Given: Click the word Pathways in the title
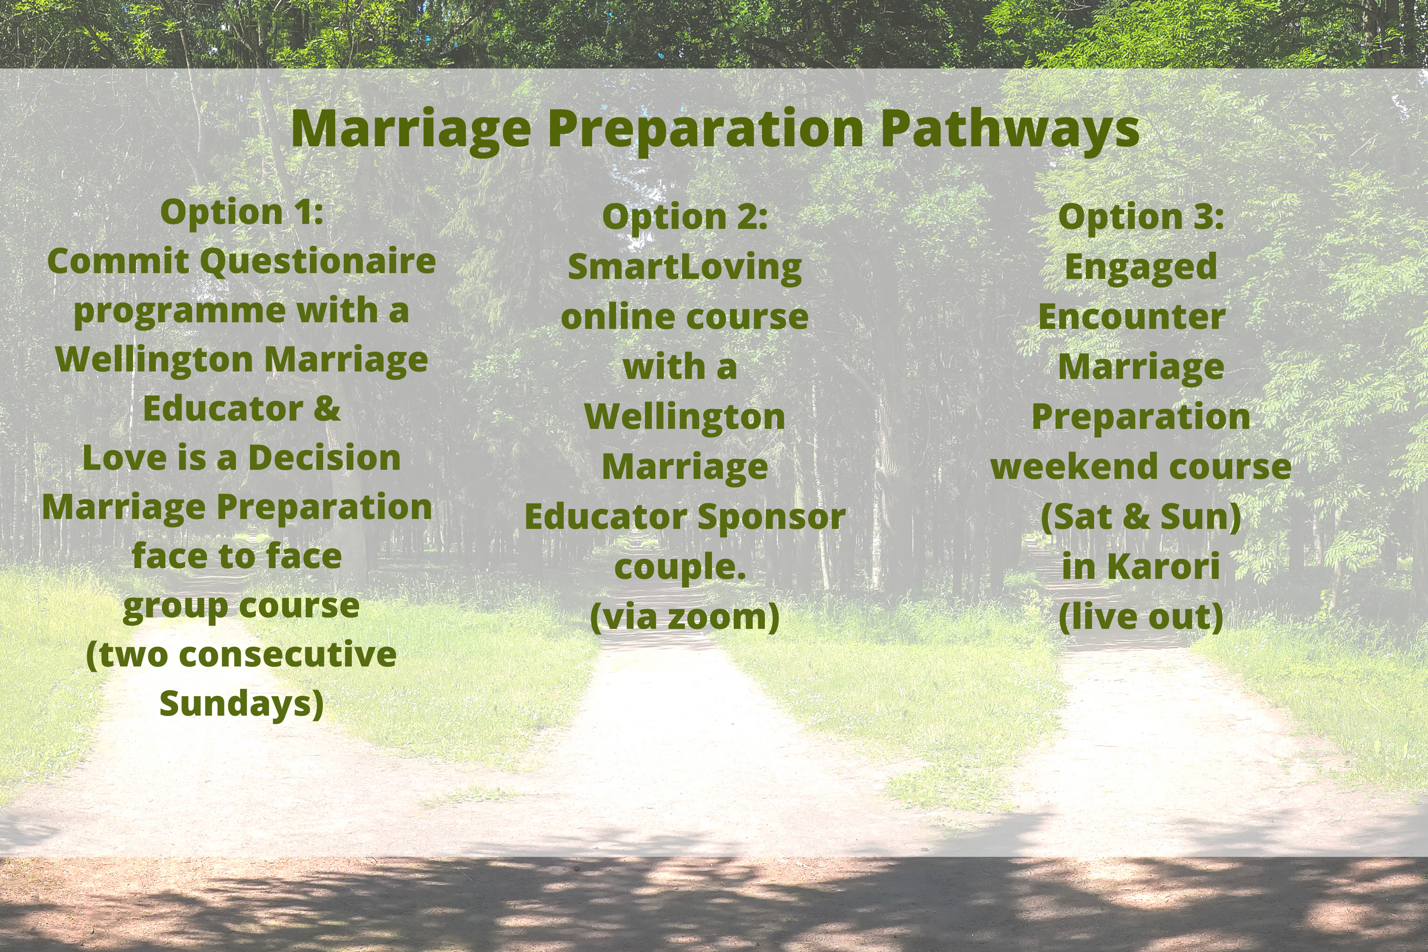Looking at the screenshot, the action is click(1010, 129).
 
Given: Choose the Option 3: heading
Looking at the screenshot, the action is click(1141, 217).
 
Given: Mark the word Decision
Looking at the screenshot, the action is click(324, 458).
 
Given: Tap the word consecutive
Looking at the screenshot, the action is click(288, 655).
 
